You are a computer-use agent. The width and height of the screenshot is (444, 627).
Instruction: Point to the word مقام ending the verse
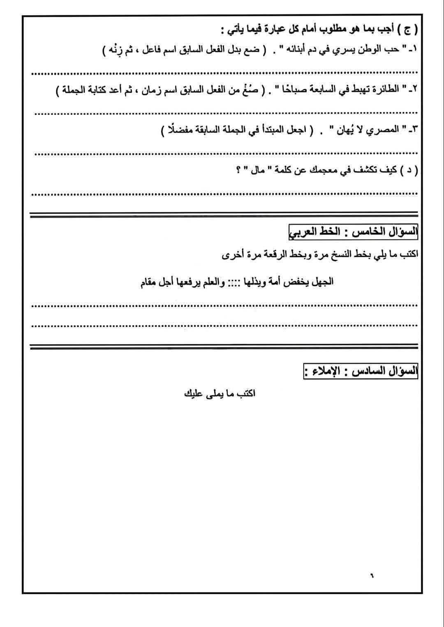click(x=149, y=283)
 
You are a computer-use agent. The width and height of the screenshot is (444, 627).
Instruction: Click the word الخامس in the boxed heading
click(x=365, y=232)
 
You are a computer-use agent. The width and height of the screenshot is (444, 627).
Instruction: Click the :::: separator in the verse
click(x=234, y=283)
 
